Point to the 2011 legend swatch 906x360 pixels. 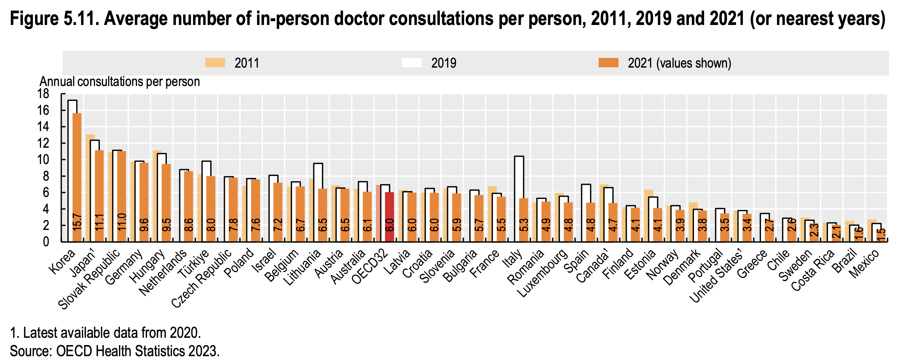coord(215,63)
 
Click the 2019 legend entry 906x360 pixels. coord(444,63)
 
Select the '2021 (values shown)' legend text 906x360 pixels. coord(679,63)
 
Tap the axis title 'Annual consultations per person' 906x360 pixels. coord(120,82)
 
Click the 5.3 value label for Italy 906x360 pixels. coord(524,225)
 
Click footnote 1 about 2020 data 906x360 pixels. coord(105,333)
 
